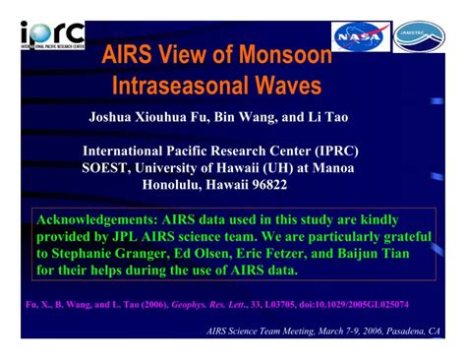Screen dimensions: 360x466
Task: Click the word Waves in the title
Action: [286, 87]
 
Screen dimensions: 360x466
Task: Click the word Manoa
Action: [331, 168]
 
